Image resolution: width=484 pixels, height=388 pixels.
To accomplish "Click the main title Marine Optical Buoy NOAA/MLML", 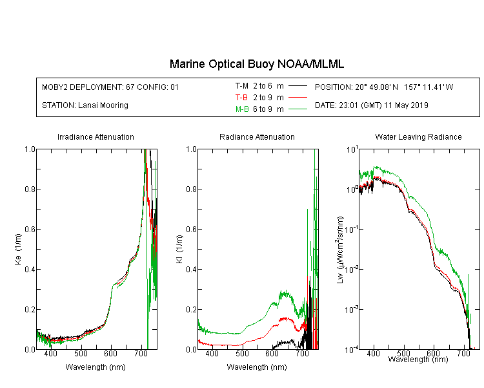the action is (256, 64).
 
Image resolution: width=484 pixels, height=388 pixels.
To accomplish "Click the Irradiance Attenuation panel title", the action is (96, 136).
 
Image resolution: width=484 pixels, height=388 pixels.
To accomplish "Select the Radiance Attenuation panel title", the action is (257, 136).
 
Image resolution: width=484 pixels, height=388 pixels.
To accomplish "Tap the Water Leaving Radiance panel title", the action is (418, 136).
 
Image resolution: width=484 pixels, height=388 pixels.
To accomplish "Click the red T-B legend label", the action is (241, 98).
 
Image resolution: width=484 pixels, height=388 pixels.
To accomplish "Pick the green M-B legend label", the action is (242, 109).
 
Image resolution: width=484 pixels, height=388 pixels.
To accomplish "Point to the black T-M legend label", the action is (242, 86).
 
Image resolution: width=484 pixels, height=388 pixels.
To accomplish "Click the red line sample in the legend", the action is (297, 98).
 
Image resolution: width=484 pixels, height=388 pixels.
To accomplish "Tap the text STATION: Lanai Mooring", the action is (85, 105).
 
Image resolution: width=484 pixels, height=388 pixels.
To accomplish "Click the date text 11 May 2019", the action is (406, 105).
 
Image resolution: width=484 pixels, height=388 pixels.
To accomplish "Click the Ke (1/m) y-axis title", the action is (18, 249).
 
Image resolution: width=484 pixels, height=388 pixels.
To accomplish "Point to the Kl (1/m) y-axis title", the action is (179, 249).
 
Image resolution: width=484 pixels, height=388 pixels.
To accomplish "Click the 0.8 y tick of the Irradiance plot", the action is (30, 189).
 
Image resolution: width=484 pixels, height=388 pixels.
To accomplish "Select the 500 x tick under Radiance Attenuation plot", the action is (242, 353).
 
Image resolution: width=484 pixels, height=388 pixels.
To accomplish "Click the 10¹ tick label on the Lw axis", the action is (352, 149).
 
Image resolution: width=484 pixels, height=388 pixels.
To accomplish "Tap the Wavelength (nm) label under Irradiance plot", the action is (96, 367).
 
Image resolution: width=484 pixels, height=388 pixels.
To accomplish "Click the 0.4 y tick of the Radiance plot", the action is (192, 269).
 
